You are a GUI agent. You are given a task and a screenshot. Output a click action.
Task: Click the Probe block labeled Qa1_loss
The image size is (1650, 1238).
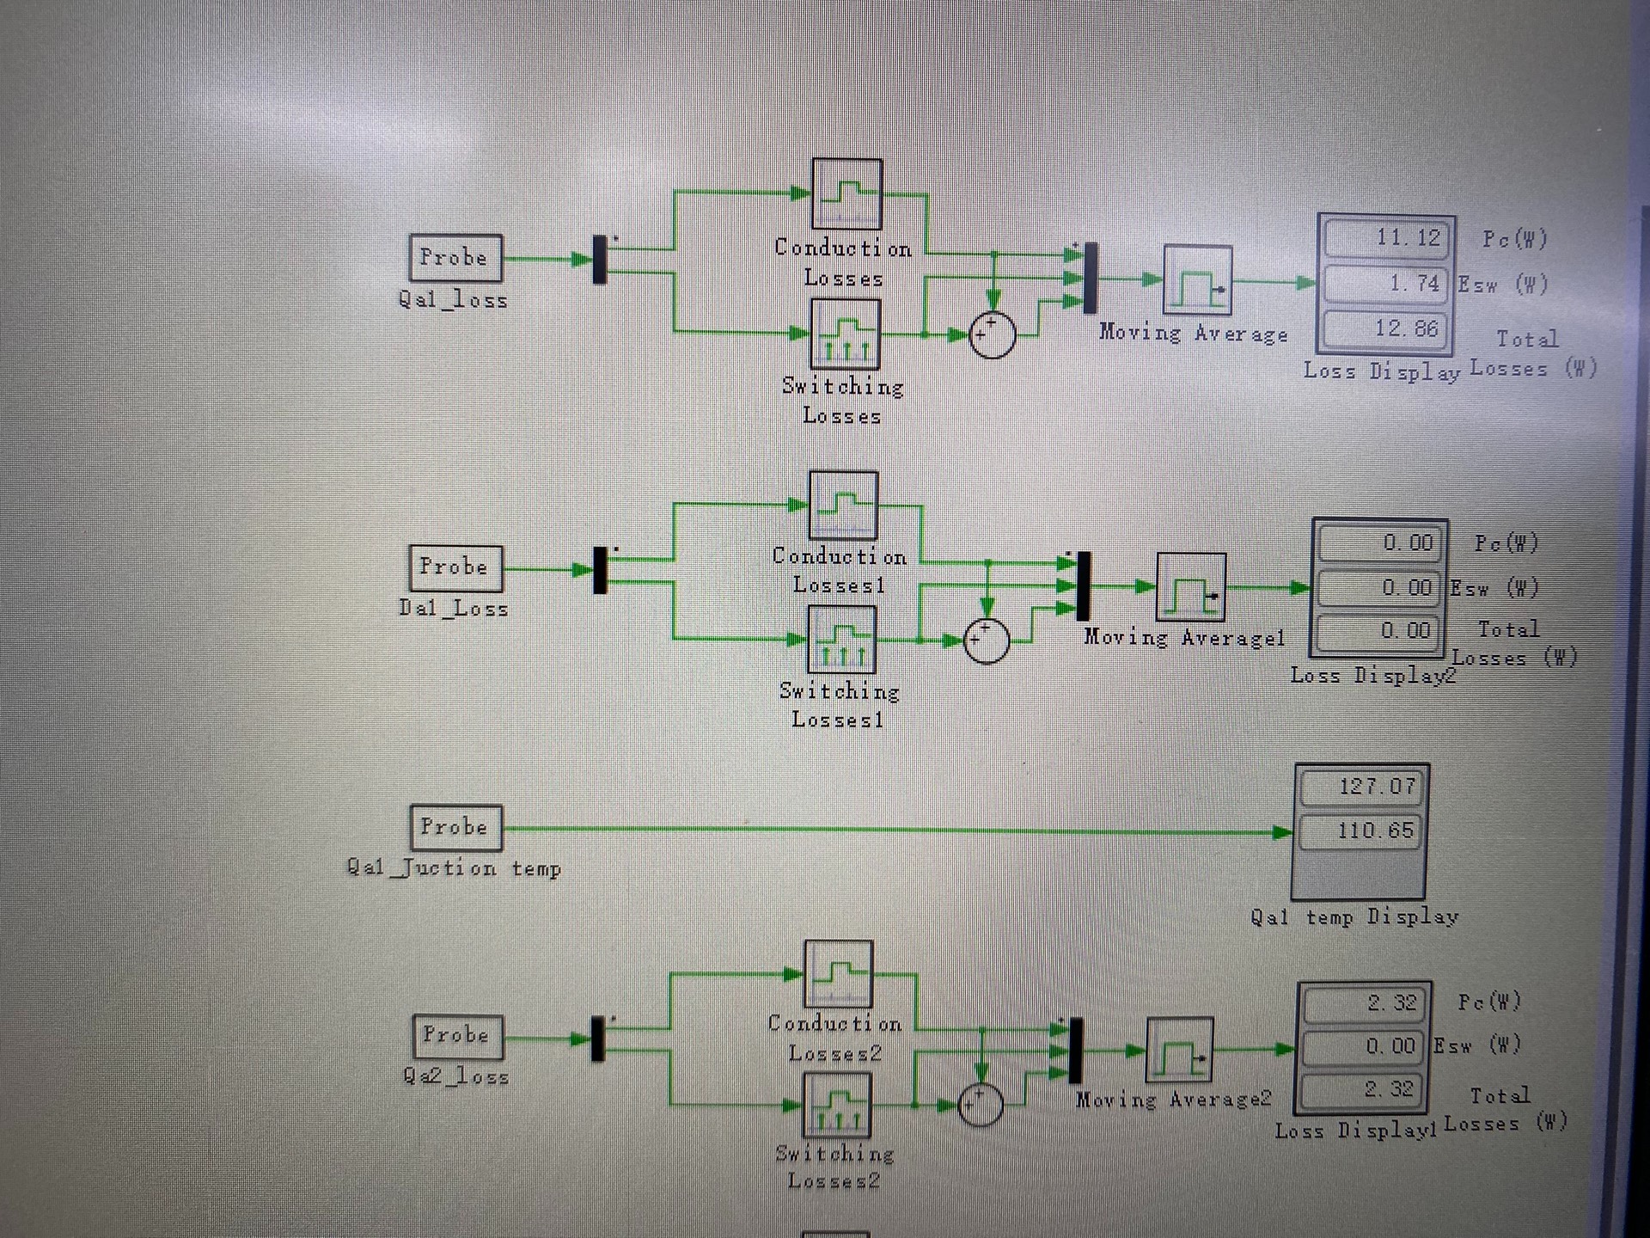click(455, 258)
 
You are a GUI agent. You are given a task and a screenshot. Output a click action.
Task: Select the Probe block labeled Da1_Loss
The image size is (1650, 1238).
click(455, 567)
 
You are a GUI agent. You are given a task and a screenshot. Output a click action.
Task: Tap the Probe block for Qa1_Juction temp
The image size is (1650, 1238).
click(455, 827)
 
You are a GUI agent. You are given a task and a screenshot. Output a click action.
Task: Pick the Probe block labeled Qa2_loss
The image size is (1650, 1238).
click(456, 1036)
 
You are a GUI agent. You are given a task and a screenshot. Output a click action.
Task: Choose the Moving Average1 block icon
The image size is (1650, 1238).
click(1190, 587)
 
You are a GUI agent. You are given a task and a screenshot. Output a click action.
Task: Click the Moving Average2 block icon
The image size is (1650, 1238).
click(1179, 1050)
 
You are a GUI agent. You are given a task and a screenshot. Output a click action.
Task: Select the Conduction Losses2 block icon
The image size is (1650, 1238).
click(838, 973)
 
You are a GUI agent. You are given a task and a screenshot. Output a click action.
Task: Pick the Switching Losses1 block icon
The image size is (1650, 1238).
click(841, 640)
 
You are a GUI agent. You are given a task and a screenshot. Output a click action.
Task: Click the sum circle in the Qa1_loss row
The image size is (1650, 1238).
click(992, 334)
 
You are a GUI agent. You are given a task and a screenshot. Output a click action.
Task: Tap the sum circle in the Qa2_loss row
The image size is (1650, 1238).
click(980, 1104)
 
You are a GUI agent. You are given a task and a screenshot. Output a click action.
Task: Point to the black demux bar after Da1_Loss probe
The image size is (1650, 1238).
click(600, 570)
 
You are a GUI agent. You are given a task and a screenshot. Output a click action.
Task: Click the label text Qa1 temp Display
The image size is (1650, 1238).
click(1354, 917)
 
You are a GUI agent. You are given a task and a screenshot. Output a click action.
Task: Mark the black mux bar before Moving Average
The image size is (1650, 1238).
click(1090, 279)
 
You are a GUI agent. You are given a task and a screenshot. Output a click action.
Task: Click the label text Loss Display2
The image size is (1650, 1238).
click(1372, 676)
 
